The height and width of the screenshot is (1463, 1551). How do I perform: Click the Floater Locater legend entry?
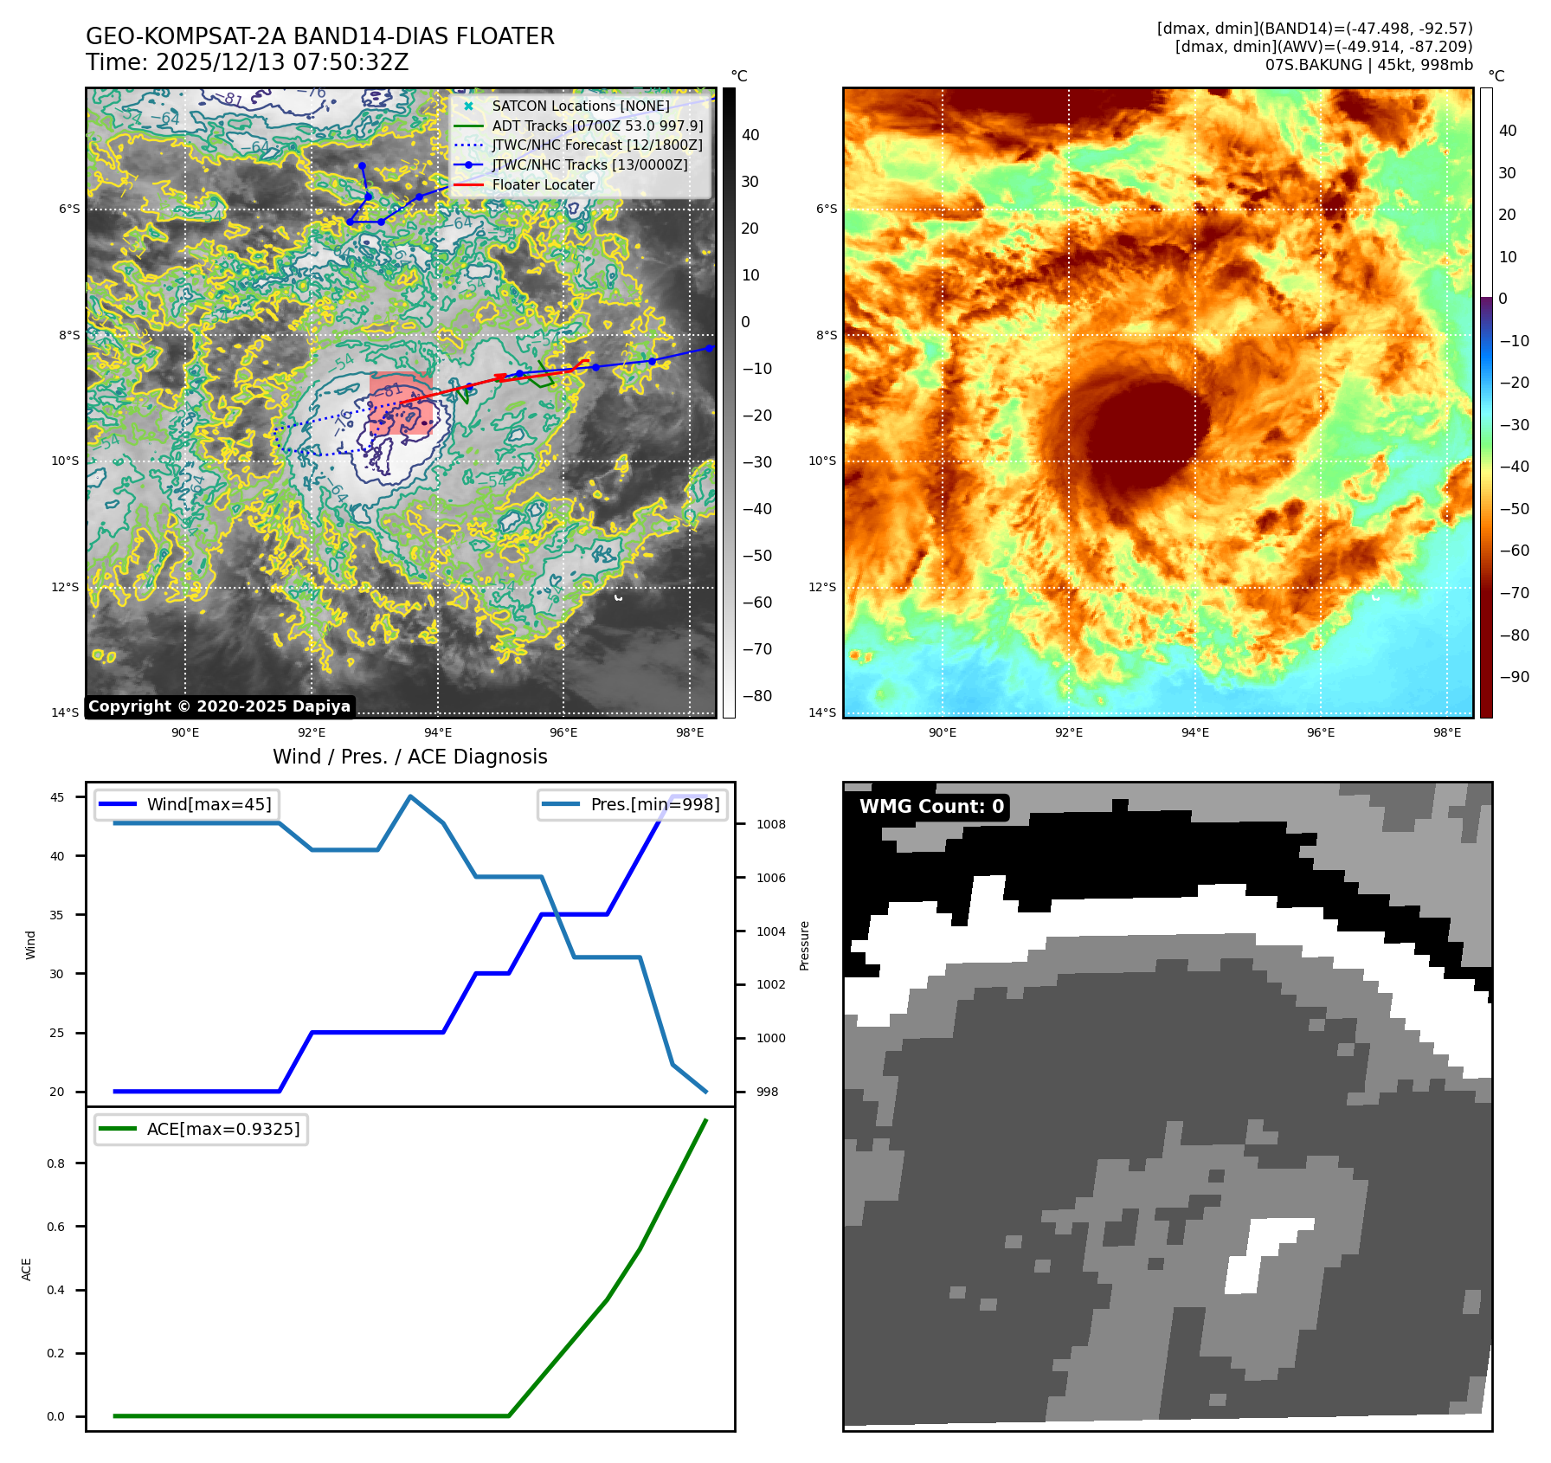pos(543,184)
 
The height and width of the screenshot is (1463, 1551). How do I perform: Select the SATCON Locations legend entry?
pos(580,106)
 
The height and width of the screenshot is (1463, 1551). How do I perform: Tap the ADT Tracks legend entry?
pos(597,126)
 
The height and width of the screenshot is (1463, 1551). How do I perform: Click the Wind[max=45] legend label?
pos(209,804)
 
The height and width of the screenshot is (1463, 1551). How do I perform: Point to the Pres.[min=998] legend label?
pos(654,804)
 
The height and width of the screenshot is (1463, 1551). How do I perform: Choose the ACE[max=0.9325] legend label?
pos(223,1129)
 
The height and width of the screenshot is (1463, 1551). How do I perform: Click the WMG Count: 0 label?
pos(931,807)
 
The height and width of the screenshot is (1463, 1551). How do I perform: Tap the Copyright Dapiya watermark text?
pos(219,706)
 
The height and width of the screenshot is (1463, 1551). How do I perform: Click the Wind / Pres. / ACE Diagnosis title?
pos(409,757)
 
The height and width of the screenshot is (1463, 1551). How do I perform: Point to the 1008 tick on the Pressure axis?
pos(770,824)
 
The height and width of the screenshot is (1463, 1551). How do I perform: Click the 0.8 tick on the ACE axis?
pos(56,1163)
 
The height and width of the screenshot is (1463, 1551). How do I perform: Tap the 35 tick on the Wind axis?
pos(57,915)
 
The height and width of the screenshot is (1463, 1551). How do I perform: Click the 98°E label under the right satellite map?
pos(1446,732)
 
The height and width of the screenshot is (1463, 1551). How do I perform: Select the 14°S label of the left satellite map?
pos(65,712)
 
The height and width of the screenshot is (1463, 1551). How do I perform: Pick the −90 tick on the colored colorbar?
pos(1514,677)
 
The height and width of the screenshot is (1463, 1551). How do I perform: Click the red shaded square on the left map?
pos(400,403)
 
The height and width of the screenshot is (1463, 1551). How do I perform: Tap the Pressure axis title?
pos(804,945)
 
